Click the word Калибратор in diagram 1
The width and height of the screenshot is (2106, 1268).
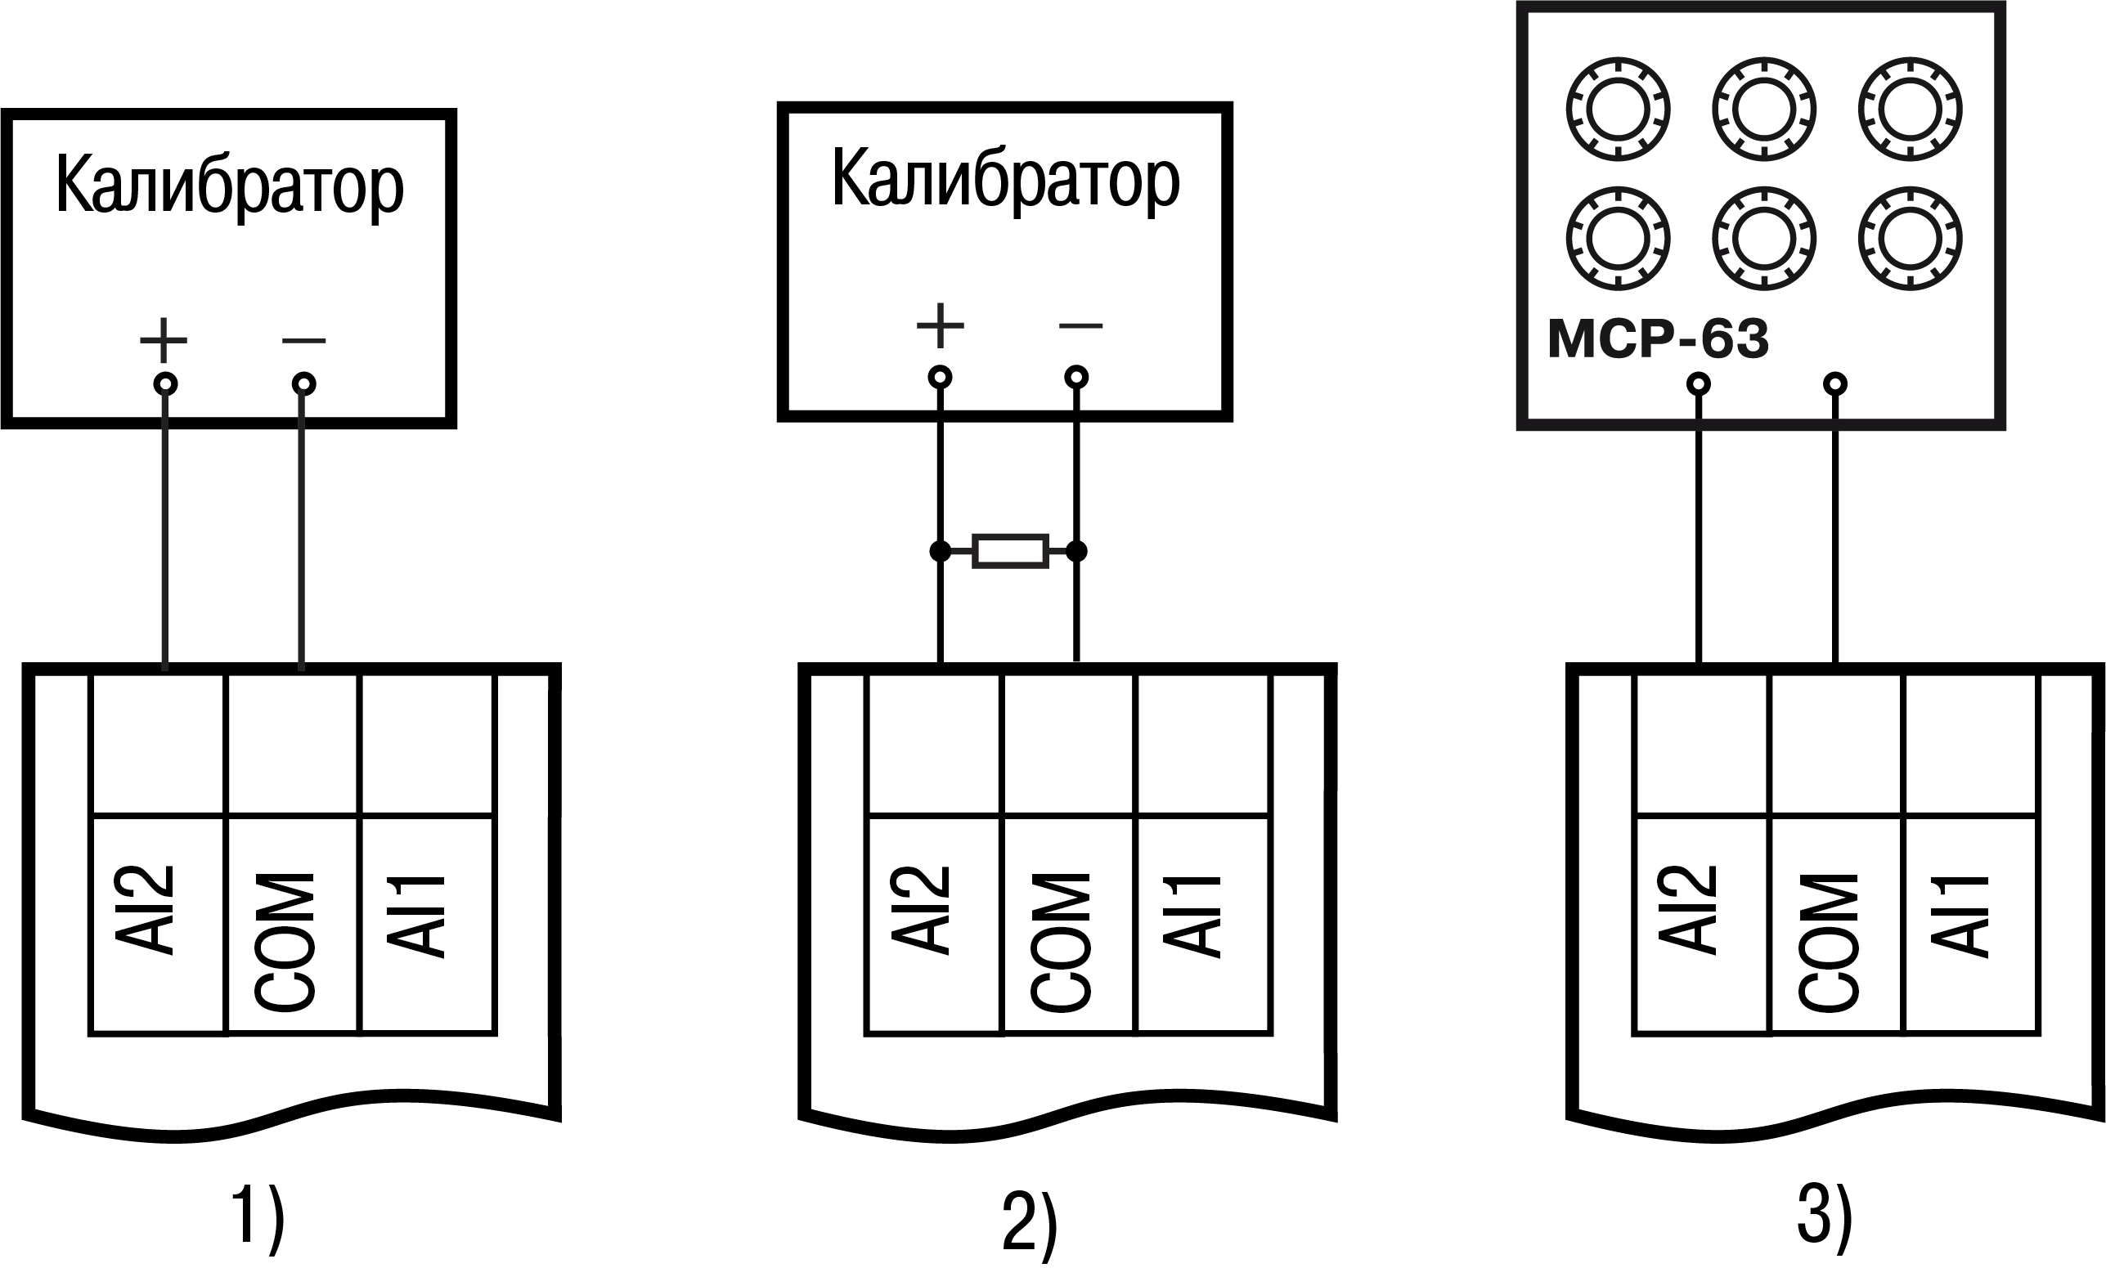pos(229,186)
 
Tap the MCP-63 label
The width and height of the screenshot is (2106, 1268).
pos(1657,338)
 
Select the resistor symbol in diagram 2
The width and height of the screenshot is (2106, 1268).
pos(1010,552)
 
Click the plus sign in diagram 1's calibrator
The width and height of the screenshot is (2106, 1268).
pos(164,341)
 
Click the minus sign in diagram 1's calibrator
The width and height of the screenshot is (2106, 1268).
pos(303,341)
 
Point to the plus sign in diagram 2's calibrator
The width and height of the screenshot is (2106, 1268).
pos(941,325)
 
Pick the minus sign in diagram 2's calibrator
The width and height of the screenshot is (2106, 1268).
pos(1080,325)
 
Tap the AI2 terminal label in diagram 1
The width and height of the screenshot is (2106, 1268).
pos(146,911)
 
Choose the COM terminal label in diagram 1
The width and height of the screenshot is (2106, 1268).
pos(286,942)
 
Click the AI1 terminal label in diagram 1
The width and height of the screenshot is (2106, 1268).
pos(417,916)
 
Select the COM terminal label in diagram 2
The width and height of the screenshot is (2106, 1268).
pos(1062,942)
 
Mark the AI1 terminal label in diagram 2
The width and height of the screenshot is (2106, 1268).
pos(1193,916)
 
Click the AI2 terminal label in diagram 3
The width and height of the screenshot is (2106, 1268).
pos(1689,911)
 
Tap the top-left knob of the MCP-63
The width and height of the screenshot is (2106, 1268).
pos(1617,110)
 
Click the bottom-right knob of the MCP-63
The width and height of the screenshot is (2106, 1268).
pos(1911,239)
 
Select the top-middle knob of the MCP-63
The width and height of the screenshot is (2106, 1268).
pos(1764,110)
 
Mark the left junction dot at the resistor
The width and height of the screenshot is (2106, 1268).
pos(941,552)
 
